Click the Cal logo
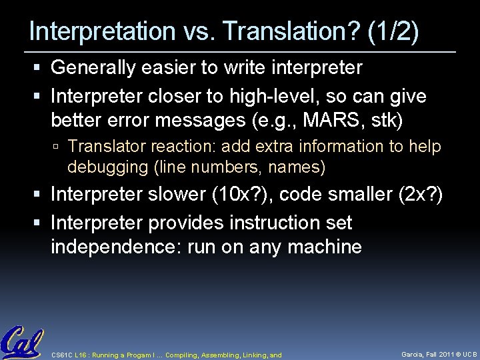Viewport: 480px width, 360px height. [22, 342]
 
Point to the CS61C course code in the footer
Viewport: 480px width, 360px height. [63, 355]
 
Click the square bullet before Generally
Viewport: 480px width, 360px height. [42, 68]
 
